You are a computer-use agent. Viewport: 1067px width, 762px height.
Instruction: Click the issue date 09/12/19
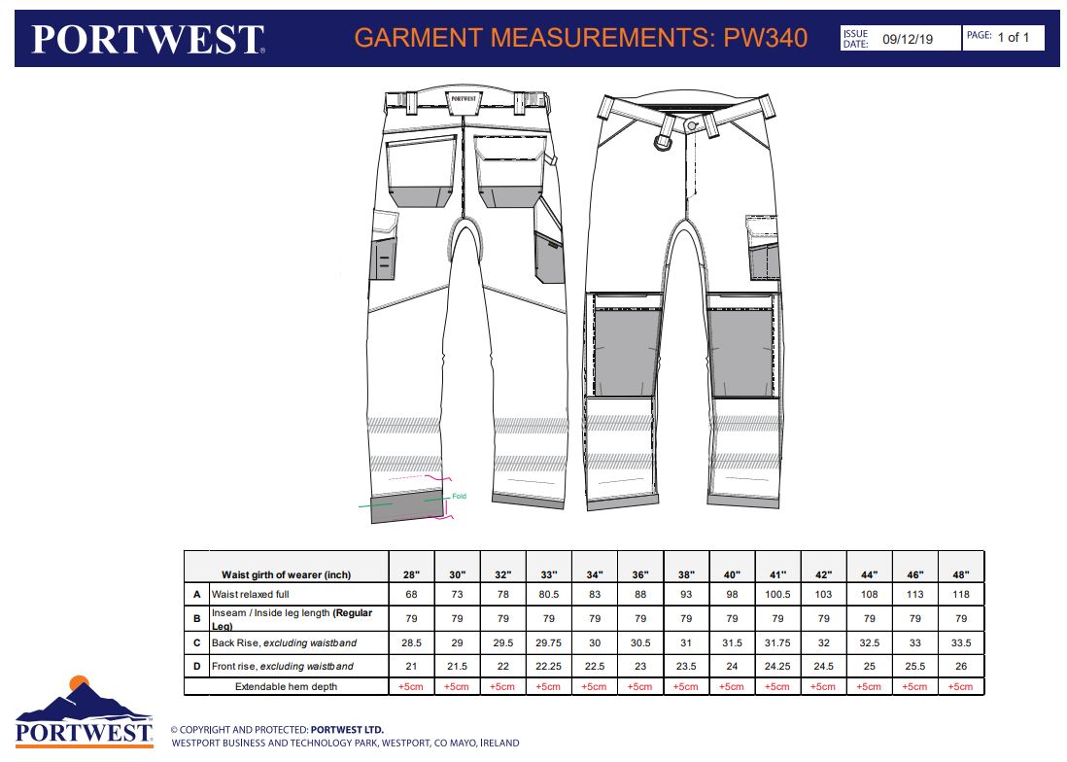(908, 39)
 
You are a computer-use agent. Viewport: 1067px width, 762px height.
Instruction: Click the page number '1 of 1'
(1014, 37)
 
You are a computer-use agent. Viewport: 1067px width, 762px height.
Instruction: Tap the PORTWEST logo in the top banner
(148, 40)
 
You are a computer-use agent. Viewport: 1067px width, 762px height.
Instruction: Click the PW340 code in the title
(766, 38)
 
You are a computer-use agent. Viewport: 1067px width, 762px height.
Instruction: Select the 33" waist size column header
(549, 575)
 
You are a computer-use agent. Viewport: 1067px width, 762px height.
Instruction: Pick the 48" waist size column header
(961, 575)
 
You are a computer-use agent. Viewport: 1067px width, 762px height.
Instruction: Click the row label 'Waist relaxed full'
(251, 594)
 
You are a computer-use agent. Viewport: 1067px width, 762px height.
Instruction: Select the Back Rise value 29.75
(548, 642)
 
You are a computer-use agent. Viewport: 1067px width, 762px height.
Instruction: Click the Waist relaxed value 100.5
(777, 594)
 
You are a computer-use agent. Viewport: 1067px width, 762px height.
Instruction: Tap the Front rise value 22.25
(548, 666)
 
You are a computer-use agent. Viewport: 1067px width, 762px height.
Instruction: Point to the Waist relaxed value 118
(961, 594)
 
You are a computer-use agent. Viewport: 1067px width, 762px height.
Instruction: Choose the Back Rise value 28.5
(411, 642)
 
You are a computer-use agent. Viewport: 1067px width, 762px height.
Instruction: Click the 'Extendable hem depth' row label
(286, 686)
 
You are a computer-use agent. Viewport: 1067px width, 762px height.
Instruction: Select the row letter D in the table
(196, 666)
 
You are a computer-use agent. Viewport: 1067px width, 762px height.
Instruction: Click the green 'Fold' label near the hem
(460, 496)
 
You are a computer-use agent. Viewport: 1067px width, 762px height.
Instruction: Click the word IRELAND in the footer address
(499, 743)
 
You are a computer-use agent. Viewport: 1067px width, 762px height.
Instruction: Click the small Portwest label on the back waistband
(465, 99)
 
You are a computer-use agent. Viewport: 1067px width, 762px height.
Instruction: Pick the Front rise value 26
(961, 666)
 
